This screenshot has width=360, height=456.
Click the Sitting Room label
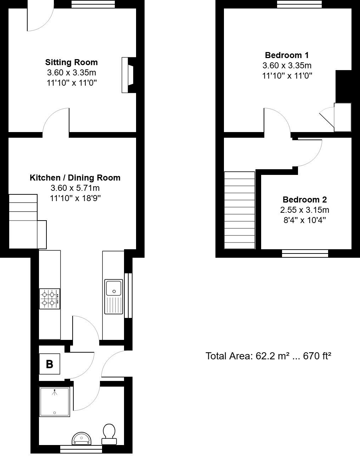(x=71, y=62)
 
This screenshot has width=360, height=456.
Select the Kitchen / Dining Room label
(x=75, y=178)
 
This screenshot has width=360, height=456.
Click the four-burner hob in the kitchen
(x=50, y=298)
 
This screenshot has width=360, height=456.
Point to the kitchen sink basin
(x=113, y=287)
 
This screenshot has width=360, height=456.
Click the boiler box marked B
(x=50, y=364)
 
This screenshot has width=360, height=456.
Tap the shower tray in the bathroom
(x=55, y=401)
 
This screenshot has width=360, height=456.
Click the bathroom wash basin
(x=82, y=439)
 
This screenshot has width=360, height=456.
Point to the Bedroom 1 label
(x=287, y=55)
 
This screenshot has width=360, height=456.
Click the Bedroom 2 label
(x=304, y=199)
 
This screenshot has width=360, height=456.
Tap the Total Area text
(x=268, y=356)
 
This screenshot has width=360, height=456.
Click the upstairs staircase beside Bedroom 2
(x=240, y=210)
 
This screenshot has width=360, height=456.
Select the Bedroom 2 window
(x=305, y=253)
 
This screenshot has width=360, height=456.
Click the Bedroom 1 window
(x=299, y=4)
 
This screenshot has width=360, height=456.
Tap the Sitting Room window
(x=93, y=4)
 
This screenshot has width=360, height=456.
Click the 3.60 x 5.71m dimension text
(x=75, y=188)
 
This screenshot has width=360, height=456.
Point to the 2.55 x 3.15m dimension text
(x=304, y=210)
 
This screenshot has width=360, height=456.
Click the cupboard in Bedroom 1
(x=342, y=117)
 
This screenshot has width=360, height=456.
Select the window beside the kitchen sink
(x=128, y=296)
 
